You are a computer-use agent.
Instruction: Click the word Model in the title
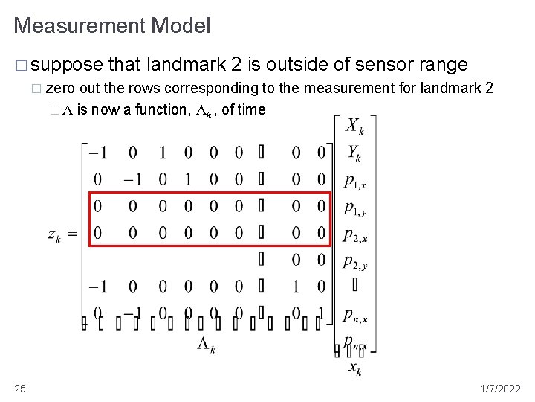click(x=181, y=26)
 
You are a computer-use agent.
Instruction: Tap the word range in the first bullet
click(x=444, y=65)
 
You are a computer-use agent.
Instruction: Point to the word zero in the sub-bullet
click(x=59, y=89)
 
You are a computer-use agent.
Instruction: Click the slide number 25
click(x=20, y=389)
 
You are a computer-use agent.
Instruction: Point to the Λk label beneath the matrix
click(x=207, y=344)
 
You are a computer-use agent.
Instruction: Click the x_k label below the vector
click(x=355, y=368)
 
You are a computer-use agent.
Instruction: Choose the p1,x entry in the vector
click(x=355, y=181)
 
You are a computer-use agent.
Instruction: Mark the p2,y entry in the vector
click(x=355, y=261)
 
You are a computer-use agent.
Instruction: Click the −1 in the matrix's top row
click(x=97, y=153)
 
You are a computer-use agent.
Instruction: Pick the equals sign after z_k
click(x=71, y=234)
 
